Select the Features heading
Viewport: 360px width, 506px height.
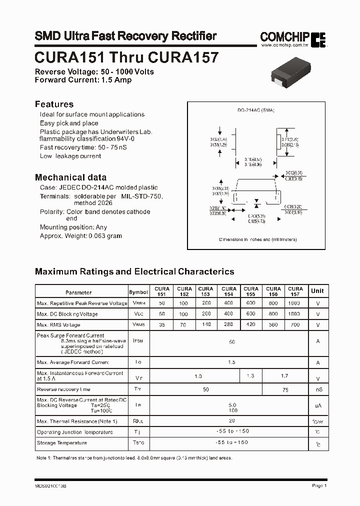tap(54, 104)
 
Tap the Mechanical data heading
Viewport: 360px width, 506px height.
tap(70, 177)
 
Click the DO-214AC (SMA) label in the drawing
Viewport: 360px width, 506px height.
tap(256, 110)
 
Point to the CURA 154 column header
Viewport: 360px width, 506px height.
tap(229, 291)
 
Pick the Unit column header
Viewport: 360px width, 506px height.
tap(317, 290)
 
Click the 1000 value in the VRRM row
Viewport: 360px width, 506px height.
tap(294, 303)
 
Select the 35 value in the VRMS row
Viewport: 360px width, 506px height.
tap(161, 325)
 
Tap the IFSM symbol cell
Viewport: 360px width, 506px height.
tap(138, 340)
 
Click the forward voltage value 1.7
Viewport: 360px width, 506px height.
tap(284, 375)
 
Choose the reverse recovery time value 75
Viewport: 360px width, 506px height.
tap(285, 389)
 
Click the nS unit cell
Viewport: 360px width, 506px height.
tap(318, 389)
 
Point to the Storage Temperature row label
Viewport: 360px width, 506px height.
tap(62, 443)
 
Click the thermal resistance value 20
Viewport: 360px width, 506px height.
tap(231, 420)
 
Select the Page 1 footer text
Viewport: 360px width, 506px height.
tap(318, 485)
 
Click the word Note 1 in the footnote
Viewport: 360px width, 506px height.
tap(43, 458)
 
